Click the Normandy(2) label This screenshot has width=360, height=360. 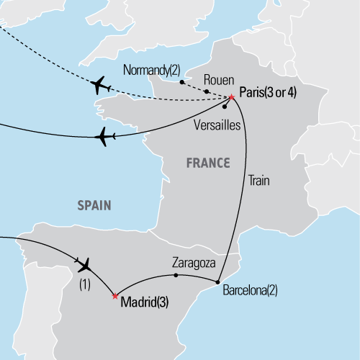[x=152, y=71]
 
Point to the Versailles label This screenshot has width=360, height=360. [x=217, y=124]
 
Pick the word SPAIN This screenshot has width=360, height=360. [x=94, y=206]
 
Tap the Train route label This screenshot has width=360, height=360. [x=258, y=180]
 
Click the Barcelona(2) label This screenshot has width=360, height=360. [x=248, y=293]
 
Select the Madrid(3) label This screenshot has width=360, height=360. [x=144, y=302]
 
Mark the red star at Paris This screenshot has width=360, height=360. [x=231, y=97]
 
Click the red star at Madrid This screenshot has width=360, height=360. [x=114, y=295]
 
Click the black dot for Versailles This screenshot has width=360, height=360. [x=225, y=107]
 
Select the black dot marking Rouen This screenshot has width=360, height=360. [x=207, y=91]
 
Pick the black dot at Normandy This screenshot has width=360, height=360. [x=181, y=82]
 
